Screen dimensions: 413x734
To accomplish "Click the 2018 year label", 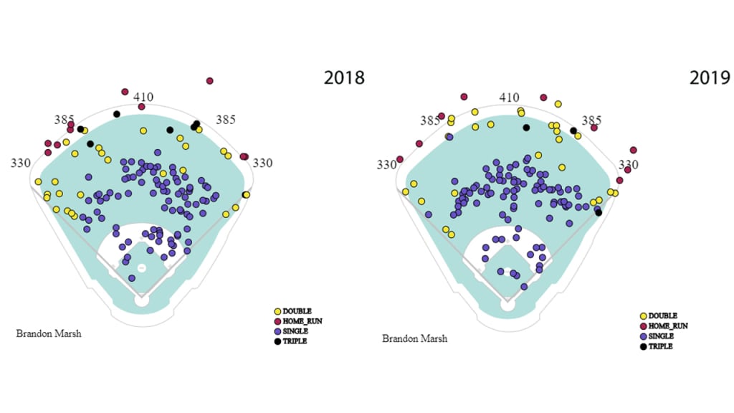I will click(344, 77).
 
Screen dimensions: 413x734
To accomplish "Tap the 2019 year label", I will click(710, 77).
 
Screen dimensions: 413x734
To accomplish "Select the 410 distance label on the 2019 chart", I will click(509, 98).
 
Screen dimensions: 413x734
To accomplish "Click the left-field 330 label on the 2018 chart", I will click(21, 163).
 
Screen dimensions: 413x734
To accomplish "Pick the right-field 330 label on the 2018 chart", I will click(263, 163).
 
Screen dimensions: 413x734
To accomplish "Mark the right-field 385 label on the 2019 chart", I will click(591, 120).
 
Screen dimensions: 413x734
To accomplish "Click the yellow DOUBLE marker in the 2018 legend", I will click(278, 311).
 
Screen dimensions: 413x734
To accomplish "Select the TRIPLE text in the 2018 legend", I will click(295, 341).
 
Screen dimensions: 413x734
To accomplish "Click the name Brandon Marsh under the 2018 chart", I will click(48, 333).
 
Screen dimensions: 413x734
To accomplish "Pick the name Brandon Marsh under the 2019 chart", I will click(414, 338).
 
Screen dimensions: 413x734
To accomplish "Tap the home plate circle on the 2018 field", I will click(142, 301).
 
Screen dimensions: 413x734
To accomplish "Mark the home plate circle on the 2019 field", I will click(508, 305).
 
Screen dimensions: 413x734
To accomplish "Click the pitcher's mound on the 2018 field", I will click(142, 267).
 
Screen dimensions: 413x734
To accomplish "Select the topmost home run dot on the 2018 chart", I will click(209, 81).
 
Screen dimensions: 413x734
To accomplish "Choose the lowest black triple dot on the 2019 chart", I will click(599, 212).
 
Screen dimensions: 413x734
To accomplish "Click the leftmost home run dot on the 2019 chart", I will click(399, 159).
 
